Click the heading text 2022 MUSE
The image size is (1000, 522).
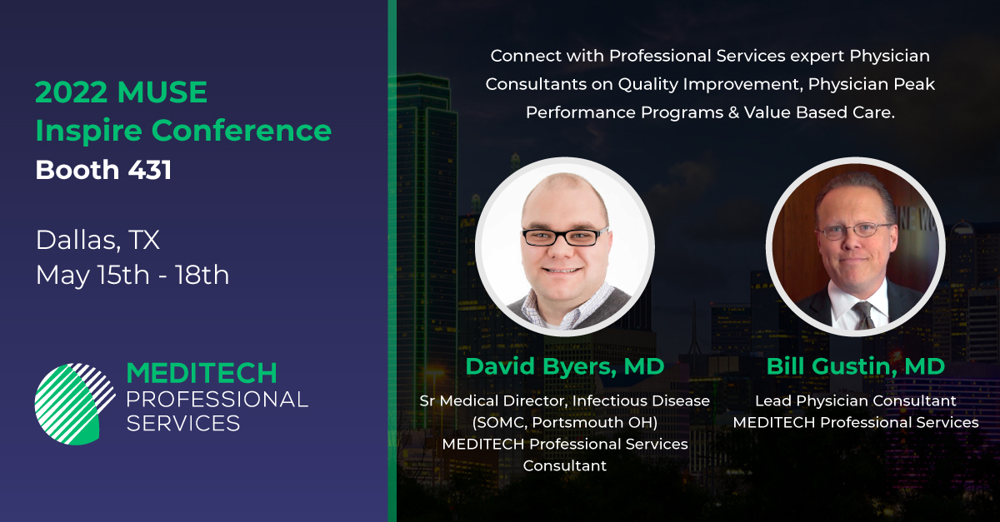tap(121, 92)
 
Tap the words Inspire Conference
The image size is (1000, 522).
tap(183, 131)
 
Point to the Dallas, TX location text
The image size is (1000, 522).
tap(97, 241)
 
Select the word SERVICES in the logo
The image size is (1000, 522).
tap(182, 424)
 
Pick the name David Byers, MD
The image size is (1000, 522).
tap(564, 366)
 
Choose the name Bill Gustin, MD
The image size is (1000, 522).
tap(856, 366)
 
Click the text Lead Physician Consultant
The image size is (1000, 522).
tap(856, 401)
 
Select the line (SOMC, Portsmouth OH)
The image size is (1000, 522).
tap(565, 423)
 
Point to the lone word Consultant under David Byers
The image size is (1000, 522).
tap(565, 466)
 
